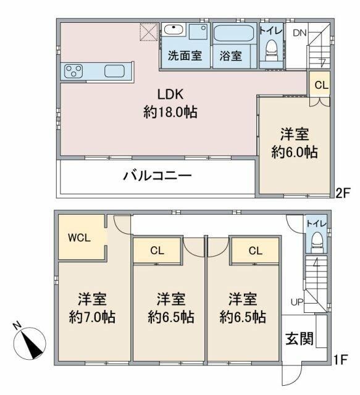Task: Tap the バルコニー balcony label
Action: coord(156,176)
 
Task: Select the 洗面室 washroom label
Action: coord(185,56)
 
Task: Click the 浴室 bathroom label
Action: coord(230,56)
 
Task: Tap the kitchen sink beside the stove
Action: coord(115,70)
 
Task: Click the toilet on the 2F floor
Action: coord(270,48)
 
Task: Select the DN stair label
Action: coord(299,33)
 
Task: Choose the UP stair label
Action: coord(297,302)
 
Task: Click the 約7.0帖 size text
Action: coord(92,318)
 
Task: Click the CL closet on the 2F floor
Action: coord(321,85)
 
